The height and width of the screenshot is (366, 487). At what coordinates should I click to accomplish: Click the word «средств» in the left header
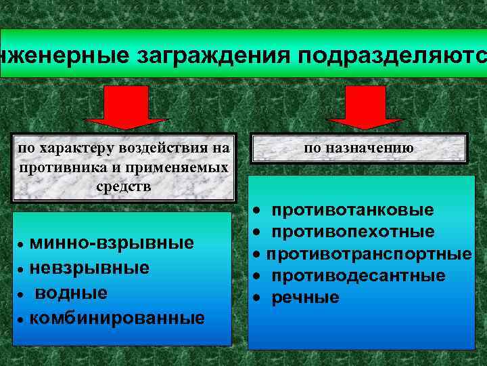123,186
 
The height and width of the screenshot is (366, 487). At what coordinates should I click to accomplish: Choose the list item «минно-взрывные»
112,243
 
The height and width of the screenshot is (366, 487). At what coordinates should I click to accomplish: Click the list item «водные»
71,293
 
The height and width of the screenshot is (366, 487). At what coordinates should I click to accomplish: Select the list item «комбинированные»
117,318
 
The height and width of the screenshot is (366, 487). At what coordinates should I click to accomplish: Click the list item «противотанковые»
353,211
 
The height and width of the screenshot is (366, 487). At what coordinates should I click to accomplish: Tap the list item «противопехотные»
353,232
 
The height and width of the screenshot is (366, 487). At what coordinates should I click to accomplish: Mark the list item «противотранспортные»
369,254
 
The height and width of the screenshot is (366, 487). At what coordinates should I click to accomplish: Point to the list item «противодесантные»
358,276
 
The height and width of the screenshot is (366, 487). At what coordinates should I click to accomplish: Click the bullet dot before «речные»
257,298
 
